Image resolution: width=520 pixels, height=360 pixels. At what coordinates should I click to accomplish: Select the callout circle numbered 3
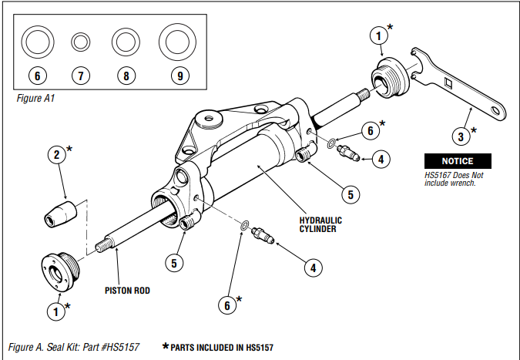pos(460,137)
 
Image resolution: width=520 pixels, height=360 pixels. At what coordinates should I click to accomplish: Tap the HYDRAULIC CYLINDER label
pos(320,224)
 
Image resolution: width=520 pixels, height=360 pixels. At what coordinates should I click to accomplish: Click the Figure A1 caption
pos(35,99)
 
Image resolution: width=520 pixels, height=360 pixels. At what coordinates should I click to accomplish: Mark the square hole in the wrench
pos(448,82)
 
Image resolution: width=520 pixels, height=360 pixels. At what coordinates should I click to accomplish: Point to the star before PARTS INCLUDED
pos(165,348)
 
